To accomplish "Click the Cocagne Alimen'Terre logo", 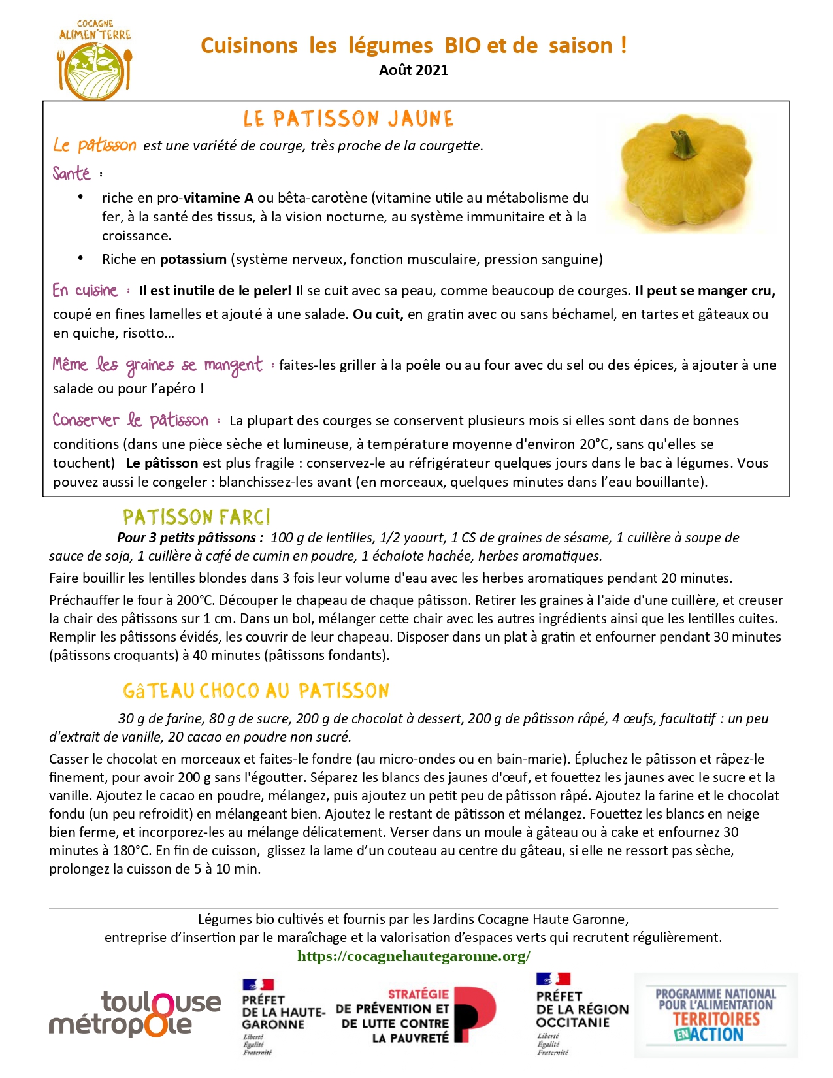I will coord(95,59).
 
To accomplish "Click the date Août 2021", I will coord(414,70).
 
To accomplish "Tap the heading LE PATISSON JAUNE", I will coord(348,119).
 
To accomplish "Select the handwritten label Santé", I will coord(71,174).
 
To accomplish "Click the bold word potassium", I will coord(193,259).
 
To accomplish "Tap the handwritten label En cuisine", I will coord(85,291).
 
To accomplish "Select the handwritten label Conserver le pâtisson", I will coord(131,420).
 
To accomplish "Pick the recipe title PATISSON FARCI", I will coord(196,517).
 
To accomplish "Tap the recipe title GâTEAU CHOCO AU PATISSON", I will coord(255,691).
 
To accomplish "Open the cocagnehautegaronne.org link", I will coord(414,956).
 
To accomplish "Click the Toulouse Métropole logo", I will coord(135,1014).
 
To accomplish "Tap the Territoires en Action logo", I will coord(715,1015).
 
